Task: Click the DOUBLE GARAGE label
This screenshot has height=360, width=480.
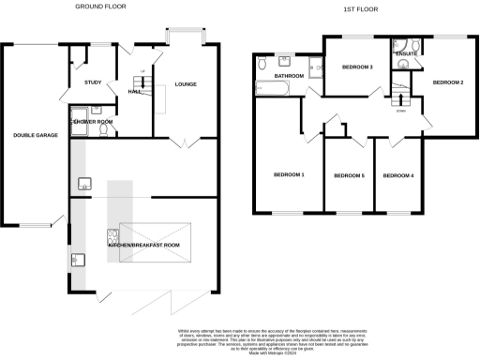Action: click(36, 136)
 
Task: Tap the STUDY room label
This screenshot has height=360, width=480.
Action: click(93, 83)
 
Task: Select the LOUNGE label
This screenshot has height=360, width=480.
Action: click(185, 85)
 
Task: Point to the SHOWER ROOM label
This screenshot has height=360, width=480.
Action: click(94, 122)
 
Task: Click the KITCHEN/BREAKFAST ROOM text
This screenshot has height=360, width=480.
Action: click(142, 244)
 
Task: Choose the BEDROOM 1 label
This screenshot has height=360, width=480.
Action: click(289, 175)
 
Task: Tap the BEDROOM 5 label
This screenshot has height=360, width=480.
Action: click(349, 175)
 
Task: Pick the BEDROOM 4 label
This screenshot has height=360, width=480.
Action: click(397, 175)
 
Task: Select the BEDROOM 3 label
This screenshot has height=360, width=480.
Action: click(357, 67)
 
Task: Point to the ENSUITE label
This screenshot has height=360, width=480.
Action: click(407, 54)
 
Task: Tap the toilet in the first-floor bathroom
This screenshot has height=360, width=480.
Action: click(263, 64)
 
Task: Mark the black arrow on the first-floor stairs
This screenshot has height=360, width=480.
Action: click(400, 97)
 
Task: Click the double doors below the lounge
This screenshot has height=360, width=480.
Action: click(185, 142)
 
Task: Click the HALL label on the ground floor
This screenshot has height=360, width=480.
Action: click(133, 89)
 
